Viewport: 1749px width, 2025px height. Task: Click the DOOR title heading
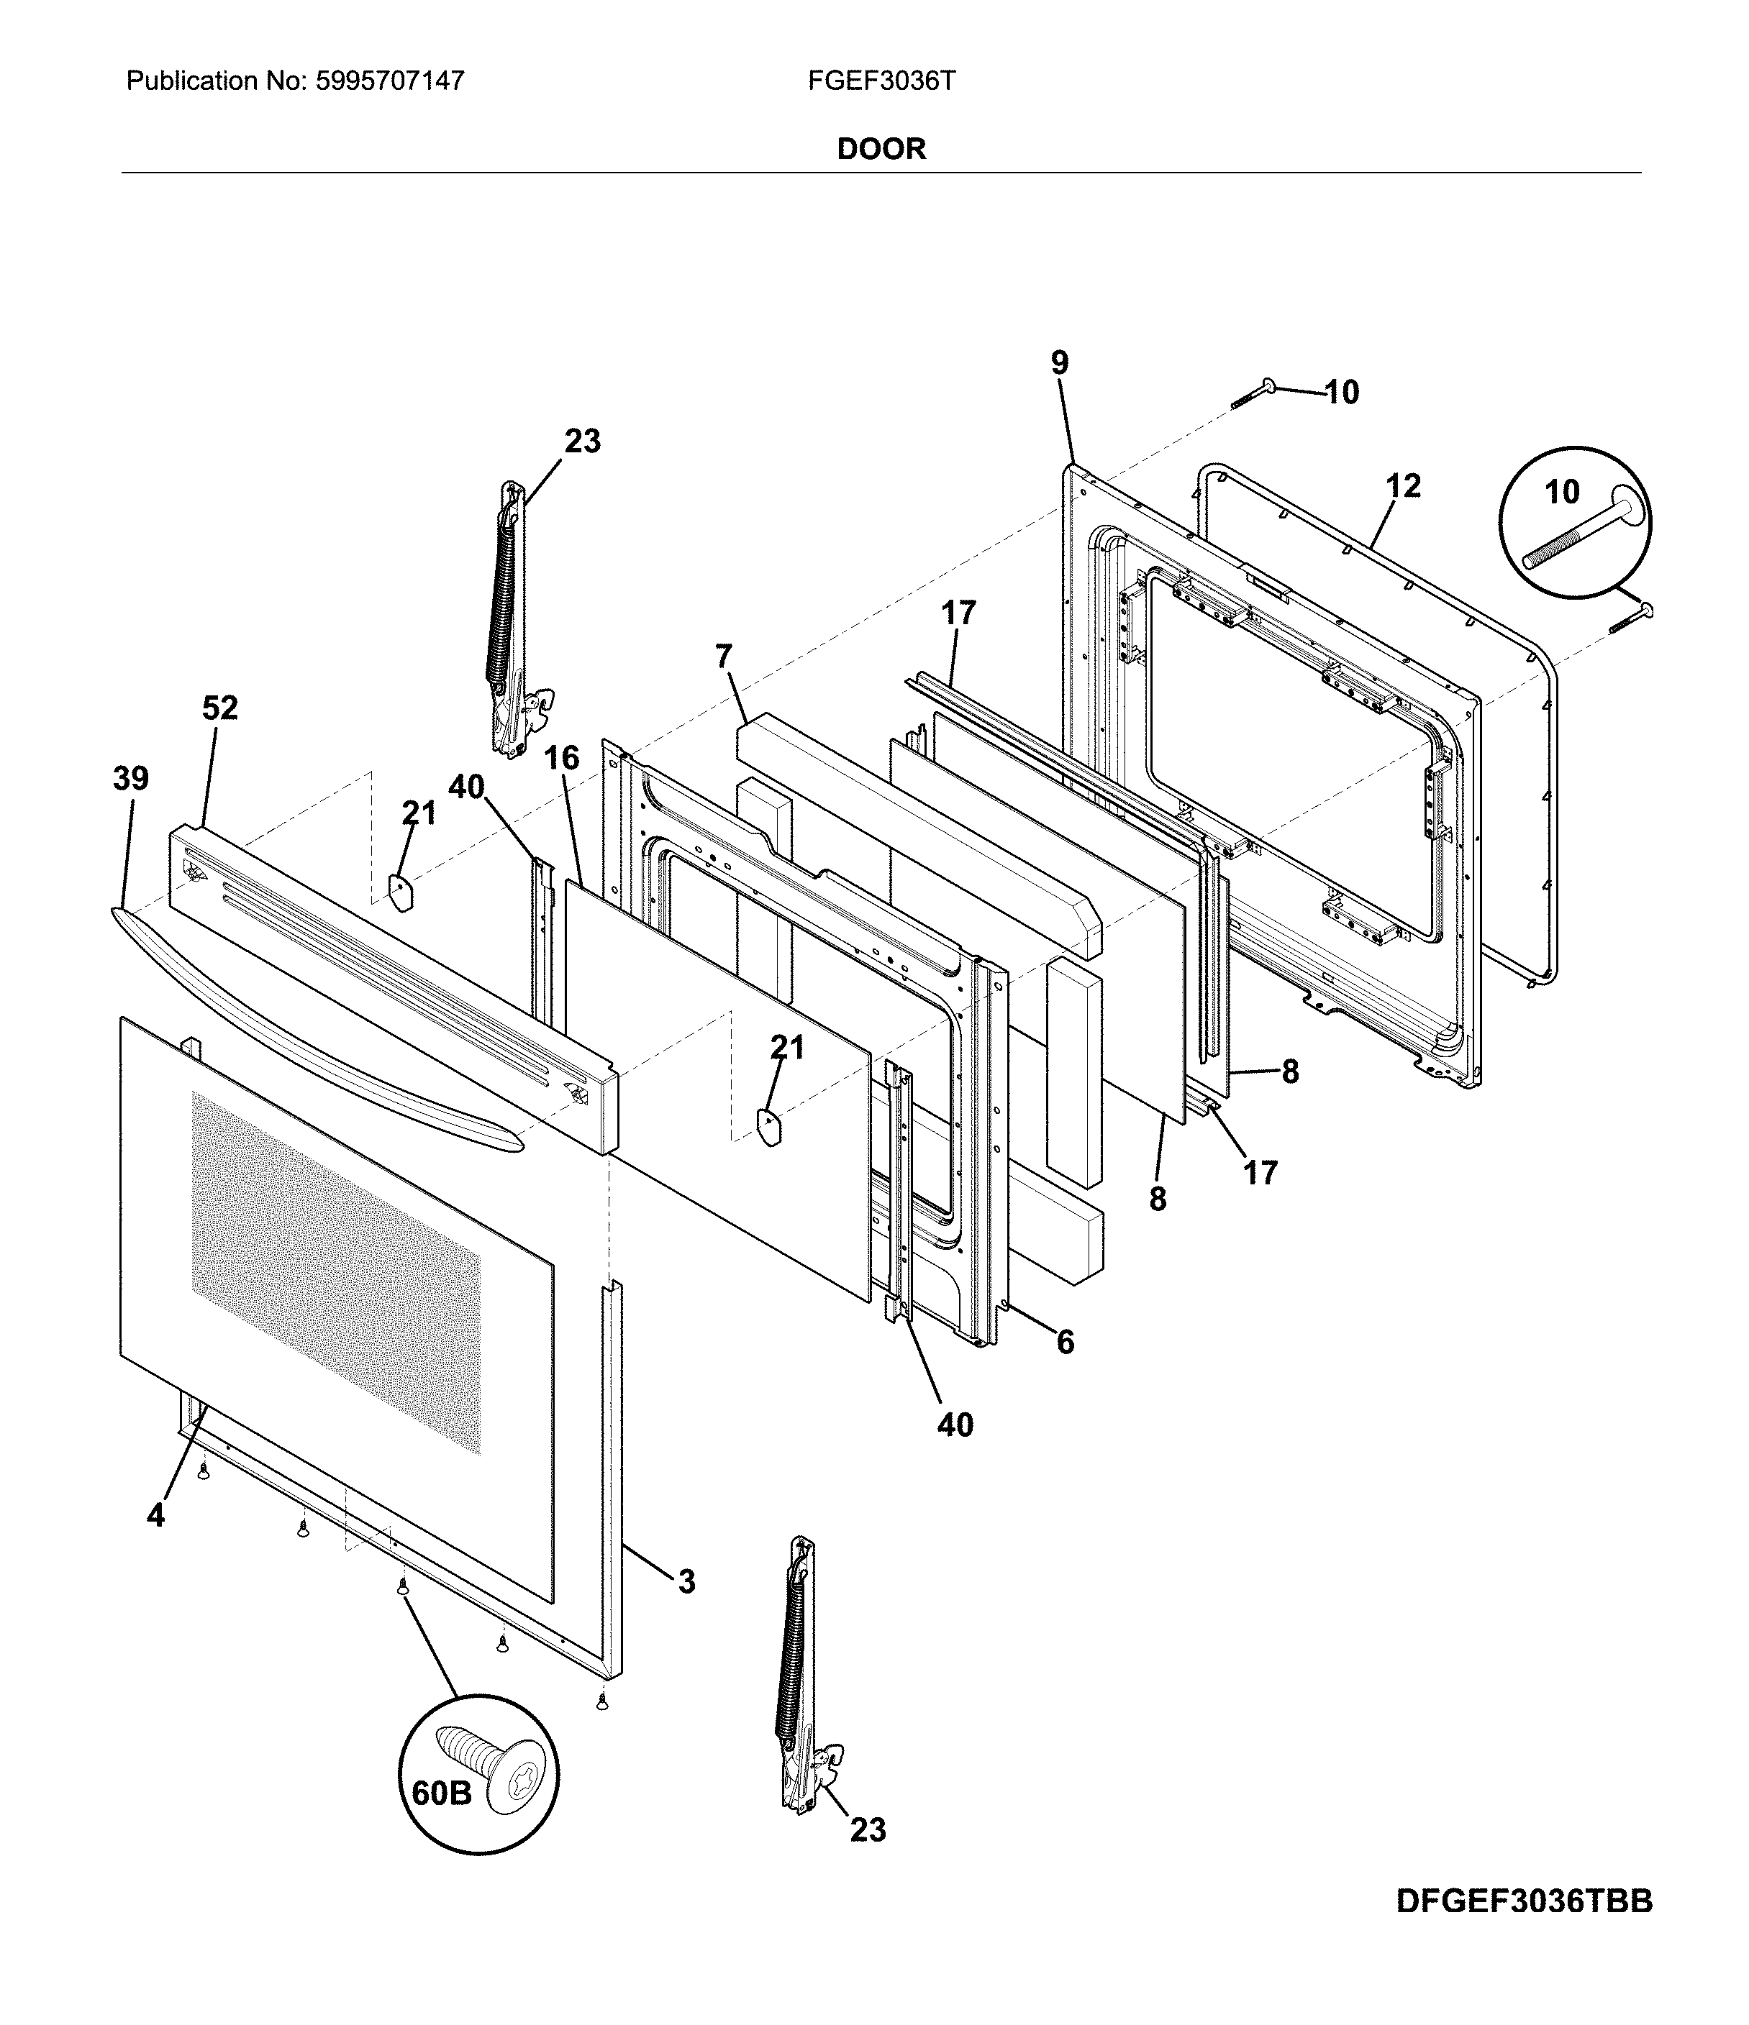click(x=881, y=149)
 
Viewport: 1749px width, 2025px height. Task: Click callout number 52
click(x=220, y=708)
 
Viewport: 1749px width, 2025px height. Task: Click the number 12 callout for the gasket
click(x=1403, y=485)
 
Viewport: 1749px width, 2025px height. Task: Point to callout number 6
click(x=1065, y=1343)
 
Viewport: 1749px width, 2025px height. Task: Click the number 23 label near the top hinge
click(x=582, y=441)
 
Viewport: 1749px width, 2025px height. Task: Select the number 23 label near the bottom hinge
click(x=867, y=1829)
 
